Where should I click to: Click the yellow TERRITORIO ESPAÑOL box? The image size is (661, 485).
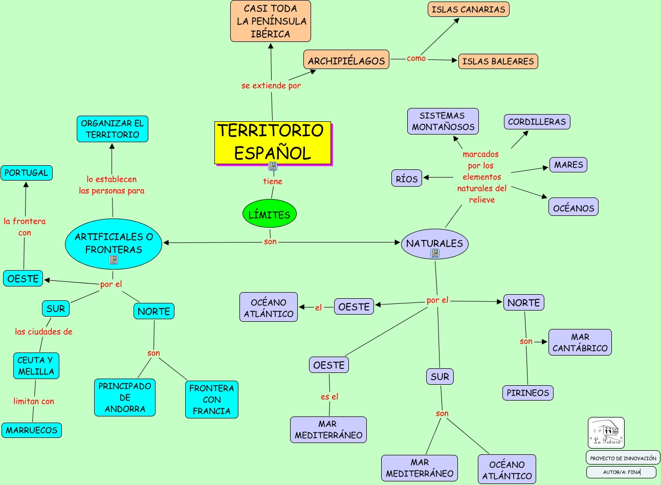pyautogui.click(x=272, y=142)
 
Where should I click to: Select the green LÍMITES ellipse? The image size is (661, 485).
pyautogui.click(x=269, y=214)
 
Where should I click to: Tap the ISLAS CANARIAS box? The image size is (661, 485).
pyautogui.click(x=468, y=9)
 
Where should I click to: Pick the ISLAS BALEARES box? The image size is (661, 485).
pyautogui.click(x=498, y=61)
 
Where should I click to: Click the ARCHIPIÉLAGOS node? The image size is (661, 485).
pyautogui.click(x=346, y=60)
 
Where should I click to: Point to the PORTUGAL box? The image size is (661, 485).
pyautogui.click(x=26, y=173)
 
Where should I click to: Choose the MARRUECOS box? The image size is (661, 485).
pyautogui.click(x=32, y=430)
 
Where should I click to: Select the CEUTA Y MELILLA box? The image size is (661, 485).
pyautogui.click(x=36, y=366)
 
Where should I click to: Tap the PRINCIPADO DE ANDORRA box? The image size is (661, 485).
pyautogui.click(x=125, y=398)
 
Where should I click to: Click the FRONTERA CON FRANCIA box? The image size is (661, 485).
pyautogui.click(x=211, y=400)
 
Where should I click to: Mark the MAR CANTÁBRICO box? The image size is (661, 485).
pyautogui.click(x=580, y=342)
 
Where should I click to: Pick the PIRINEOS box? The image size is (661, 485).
pyautogui.click(x=527, y=393)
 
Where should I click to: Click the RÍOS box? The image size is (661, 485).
pyautogui.click(x=407, y=179)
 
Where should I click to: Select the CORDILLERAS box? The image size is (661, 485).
pyautogui.click(x=537, y=122)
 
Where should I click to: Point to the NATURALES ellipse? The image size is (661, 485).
pyautogui.click(x=434, y=244)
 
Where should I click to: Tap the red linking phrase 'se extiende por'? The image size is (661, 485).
pyautogui.click(x=271, y=85)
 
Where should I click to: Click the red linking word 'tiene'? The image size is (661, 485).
pyautogui.click(x=272, y=181)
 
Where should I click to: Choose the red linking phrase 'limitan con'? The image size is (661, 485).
pyautogui.click(x=34, y=401)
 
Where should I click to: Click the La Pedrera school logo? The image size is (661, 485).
pyautogui.click(x=606, y=433)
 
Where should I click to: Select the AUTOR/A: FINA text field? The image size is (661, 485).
pyautogui.click(x=621, y=472)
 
